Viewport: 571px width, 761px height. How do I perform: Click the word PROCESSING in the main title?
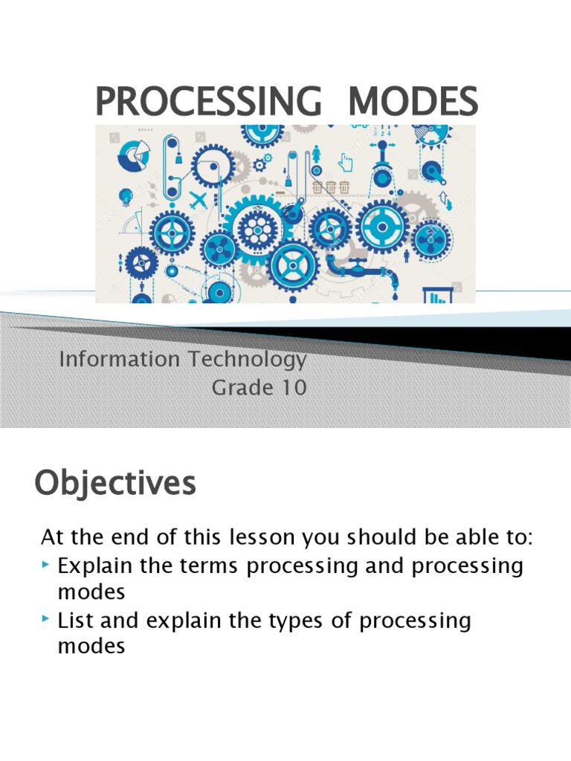[208, 101]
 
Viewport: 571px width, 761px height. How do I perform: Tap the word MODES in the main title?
[413, 101]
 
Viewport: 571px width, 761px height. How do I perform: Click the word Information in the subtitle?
[120, 359]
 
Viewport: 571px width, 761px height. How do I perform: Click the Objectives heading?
[115, 484]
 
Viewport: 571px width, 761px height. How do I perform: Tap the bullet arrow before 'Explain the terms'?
[45, 565]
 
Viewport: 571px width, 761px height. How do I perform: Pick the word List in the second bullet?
[75, 621]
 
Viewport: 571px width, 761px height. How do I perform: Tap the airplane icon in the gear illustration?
[198, 199]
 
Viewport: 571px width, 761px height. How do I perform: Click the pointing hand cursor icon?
[345, 162]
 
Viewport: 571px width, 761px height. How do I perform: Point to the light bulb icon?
[126, 196]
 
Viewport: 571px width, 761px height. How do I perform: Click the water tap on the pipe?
[358, 264]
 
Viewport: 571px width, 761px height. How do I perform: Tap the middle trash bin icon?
[331, 187]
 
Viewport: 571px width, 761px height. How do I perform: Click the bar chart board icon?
[438, 294]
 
